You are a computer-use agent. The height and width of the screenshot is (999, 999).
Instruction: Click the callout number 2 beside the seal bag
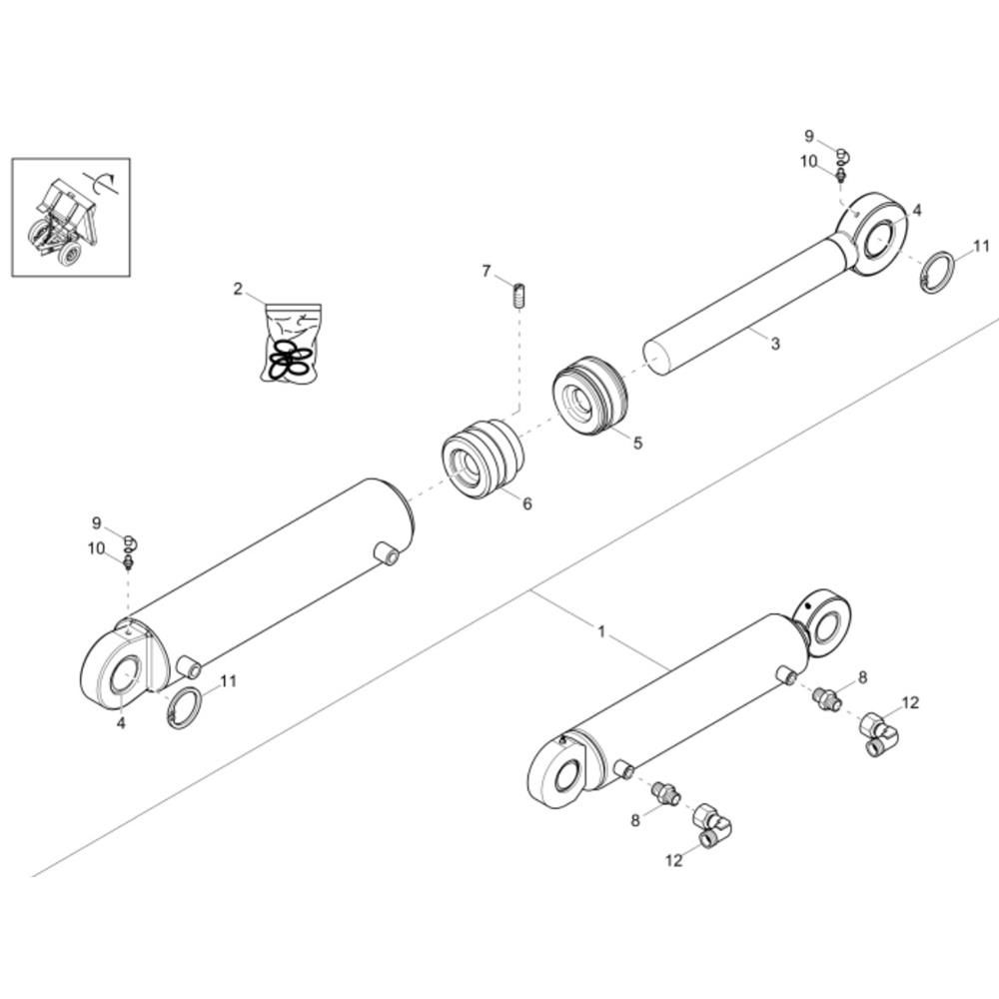point(238,290)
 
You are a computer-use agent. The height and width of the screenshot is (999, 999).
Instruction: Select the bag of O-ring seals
point(291,344)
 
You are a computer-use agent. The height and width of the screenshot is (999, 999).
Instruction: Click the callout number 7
point(487,272)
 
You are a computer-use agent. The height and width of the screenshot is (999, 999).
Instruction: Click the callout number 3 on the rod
point(775,344)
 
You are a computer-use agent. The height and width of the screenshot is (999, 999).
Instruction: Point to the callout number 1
point(601,632)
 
